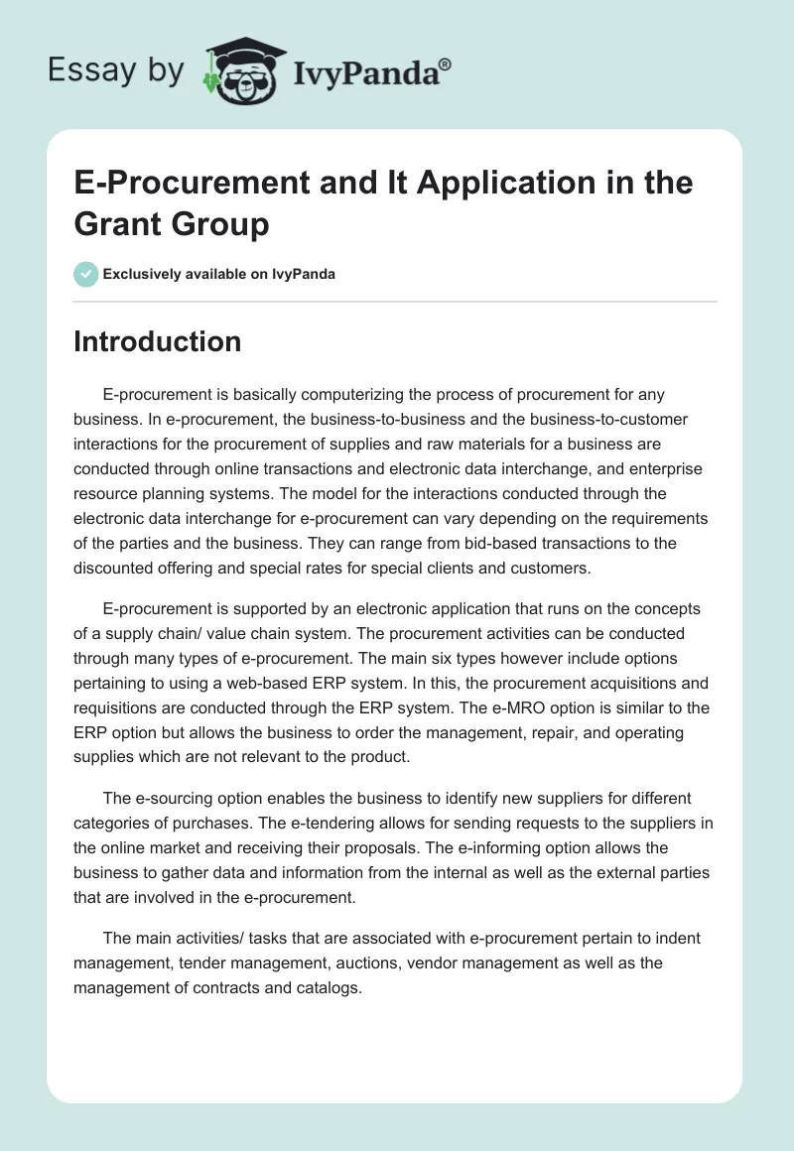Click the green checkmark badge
(86, 274)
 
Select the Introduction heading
(158, 341)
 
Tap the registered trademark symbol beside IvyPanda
(445, 64)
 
